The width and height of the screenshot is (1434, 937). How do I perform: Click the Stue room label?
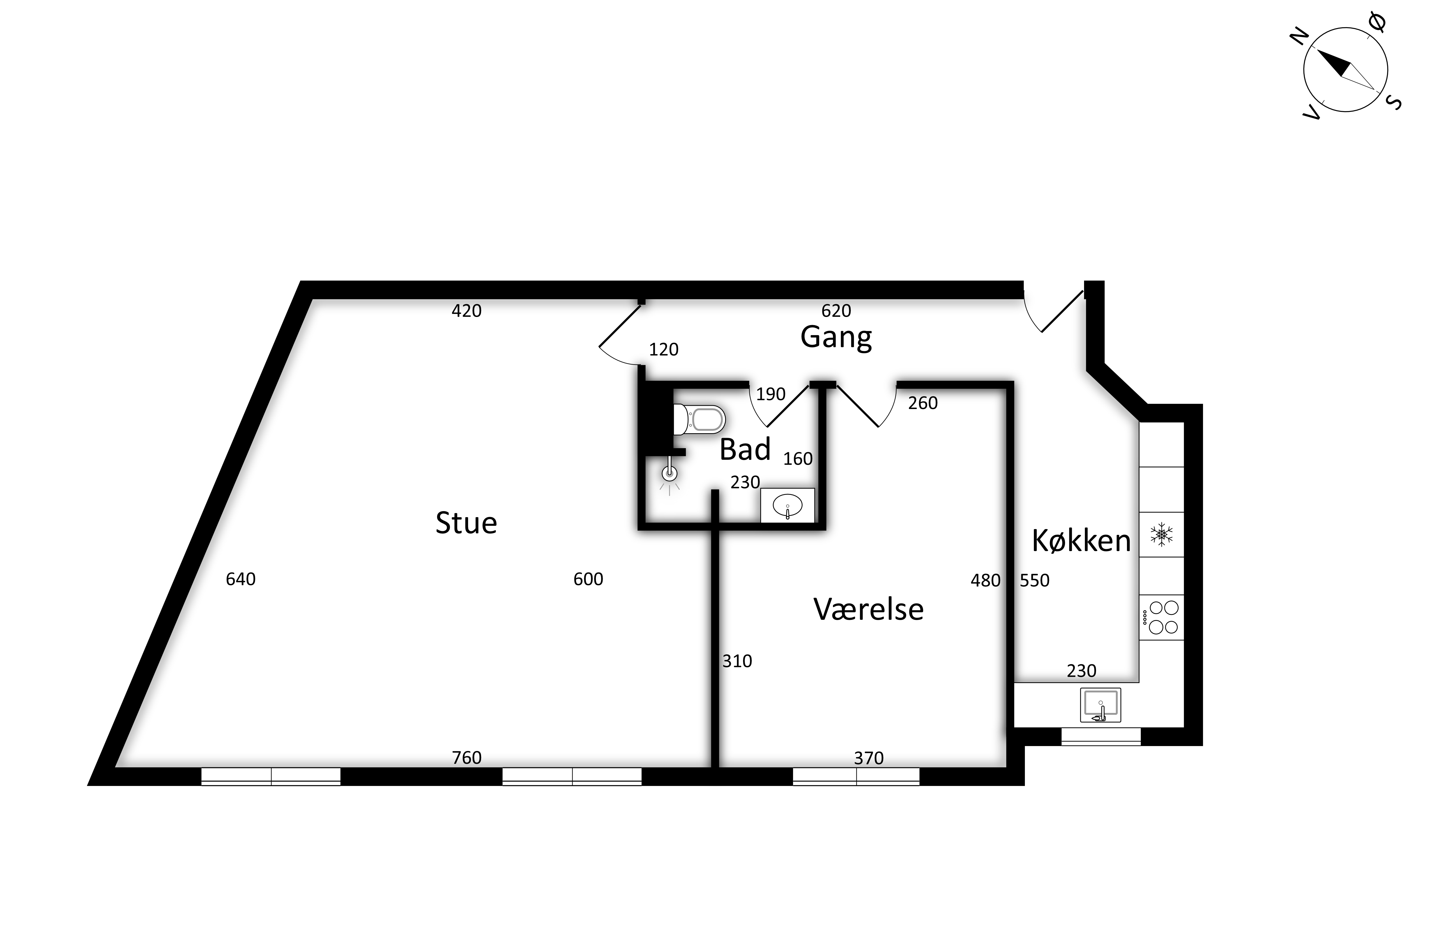(x=466, y=523)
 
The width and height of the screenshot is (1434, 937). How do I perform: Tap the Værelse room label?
(x=868, y=609)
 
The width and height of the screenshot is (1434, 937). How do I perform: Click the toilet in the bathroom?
(x=699, y=419)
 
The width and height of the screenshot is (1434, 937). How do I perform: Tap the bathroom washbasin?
(x=788, y=505)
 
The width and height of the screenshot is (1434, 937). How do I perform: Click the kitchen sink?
(x=1100, y=705)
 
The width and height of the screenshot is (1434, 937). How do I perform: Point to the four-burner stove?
(x=1162, y=618)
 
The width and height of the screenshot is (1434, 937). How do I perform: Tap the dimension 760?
(x=467, y=757)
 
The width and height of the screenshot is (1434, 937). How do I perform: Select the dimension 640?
(x=241, y=579)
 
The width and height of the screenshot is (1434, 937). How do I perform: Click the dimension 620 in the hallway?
(x=836, y=311)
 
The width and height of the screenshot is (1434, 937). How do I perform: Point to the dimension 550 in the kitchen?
(x=1035, y=580)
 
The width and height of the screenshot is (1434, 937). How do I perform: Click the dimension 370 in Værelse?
(x=869, y=758)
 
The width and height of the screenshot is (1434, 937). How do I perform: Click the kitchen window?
(x=1101, y=736)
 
